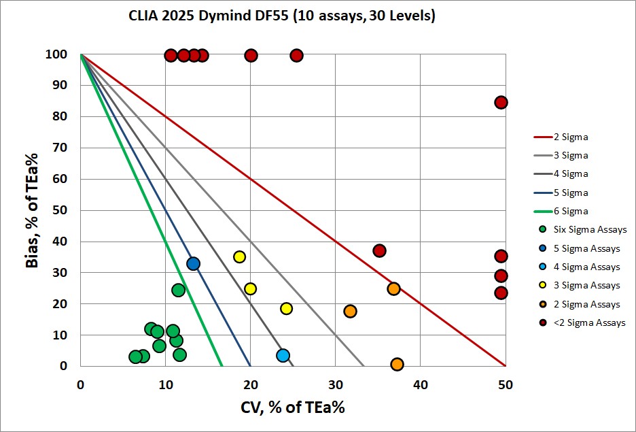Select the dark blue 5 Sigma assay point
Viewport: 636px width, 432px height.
pyautogui.click(x=193, y=263)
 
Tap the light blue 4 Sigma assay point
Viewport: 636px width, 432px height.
pyautogui.click(x=283, y=355)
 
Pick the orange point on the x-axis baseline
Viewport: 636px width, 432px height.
pyautogui.click(x=397, y=364)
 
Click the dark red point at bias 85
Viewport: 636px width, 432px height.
pyautogui.click(x=501, y=102)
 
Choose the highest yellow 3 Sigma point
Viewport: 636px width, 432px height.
pyautogui.click(x=239, y=256)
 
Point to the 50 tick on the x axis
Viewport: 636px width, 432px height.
pyautogui.click(x=505, y=384)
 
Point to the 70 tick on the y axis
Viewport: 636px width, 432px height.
pyautogui.click(x=60, y=148)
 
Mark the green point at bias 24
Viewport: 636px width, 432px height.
pyautogui.click(x=178, y=290)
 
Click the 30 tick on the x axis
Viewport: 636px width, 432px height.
pyautogui.click(x=335, y=384)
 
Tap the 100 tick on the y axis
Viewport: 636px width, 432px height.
pyautogui.click(x=57, y=54)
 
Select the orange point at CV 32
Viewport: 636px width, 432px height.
pyautogui.click(x=350, y=311)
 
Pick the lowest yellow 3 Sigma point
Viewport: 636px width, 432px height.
pyautogui.click(x=286, y=308)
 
